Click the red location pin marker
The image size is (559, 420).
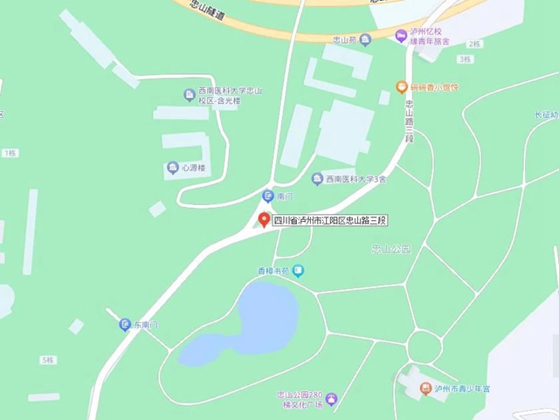pyautogui.click(x=265, y=219)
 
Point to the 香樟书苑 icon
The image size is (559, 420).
pyautogui.click(x=299, y=272)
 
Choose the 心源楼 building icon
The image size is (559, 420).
pyautogui.click(x=171, y=168)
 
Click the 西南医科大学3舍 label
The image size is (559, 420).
pyautogui.click(x=355, y=180)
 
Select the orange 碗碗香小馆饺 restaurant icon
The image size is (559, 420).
pyautogui.click(x=402, y=86)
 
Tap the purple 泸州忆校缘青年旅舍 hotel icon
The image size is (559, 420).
pyautogui.click(x=401, y=36)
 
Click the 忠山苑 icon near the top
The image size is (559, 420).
pyautogui.click(x=366, y=39)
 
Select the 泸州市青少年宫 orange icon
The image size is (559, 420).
pyautogui.click(x=425, y=388)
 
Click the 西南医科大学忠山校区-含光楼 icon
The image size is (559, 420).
pyautogui.click(x=189, y=94)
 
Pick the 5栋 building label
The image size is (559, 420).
pyautogui.click(x=47, y=360)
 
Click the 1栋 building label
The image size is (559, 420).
pyautogui.click(x=10, y=153)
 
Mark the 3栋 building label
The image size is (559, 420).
pyautogui.click(x=464, y=59)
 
